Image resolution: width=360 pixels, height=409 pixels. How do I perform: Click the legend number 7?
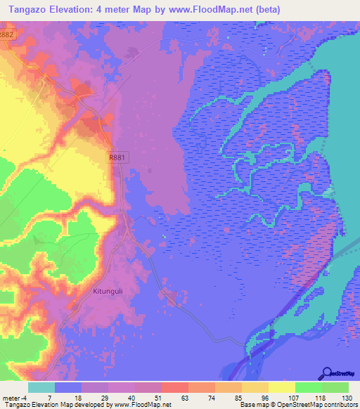coord(48,398)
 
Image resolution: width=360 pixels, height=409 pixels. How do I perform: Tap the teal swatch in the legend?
coord(41,387)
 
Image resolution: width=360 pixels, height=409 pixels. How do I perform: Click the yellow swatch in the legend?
coord(281,387)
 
